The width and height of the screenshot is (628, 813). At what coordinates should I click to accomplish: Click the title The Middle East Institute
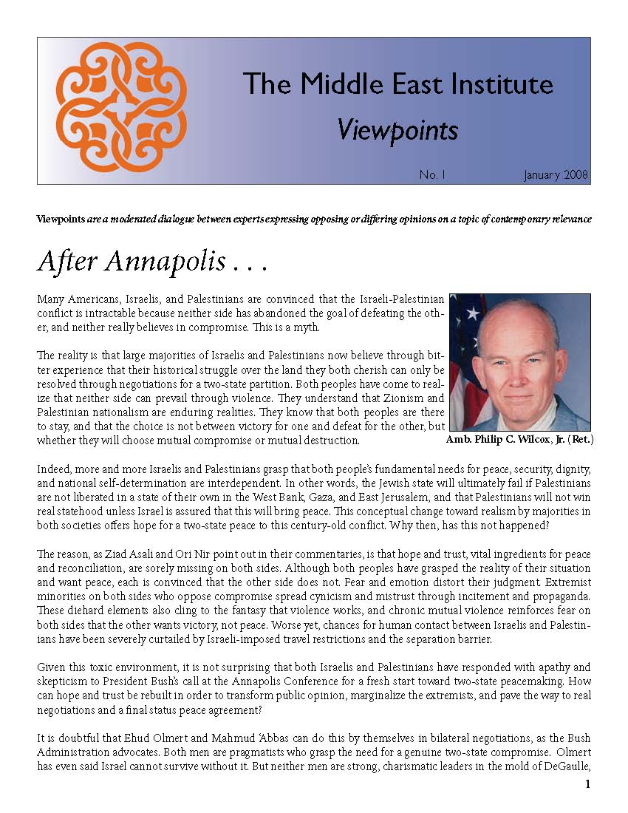click(397, 84)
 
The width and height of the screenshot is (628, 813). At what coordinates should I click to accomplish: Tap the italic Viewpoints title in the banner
click(397, 130)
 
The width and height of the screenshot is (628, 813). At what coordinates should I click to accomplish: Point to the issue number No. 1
click(433, 175)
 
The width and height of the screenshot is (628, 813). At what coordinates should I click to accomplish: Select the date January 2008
click(556, 175)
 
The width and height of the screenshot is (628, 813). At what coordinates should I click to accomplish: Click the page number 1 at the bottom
click(587, 784)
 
